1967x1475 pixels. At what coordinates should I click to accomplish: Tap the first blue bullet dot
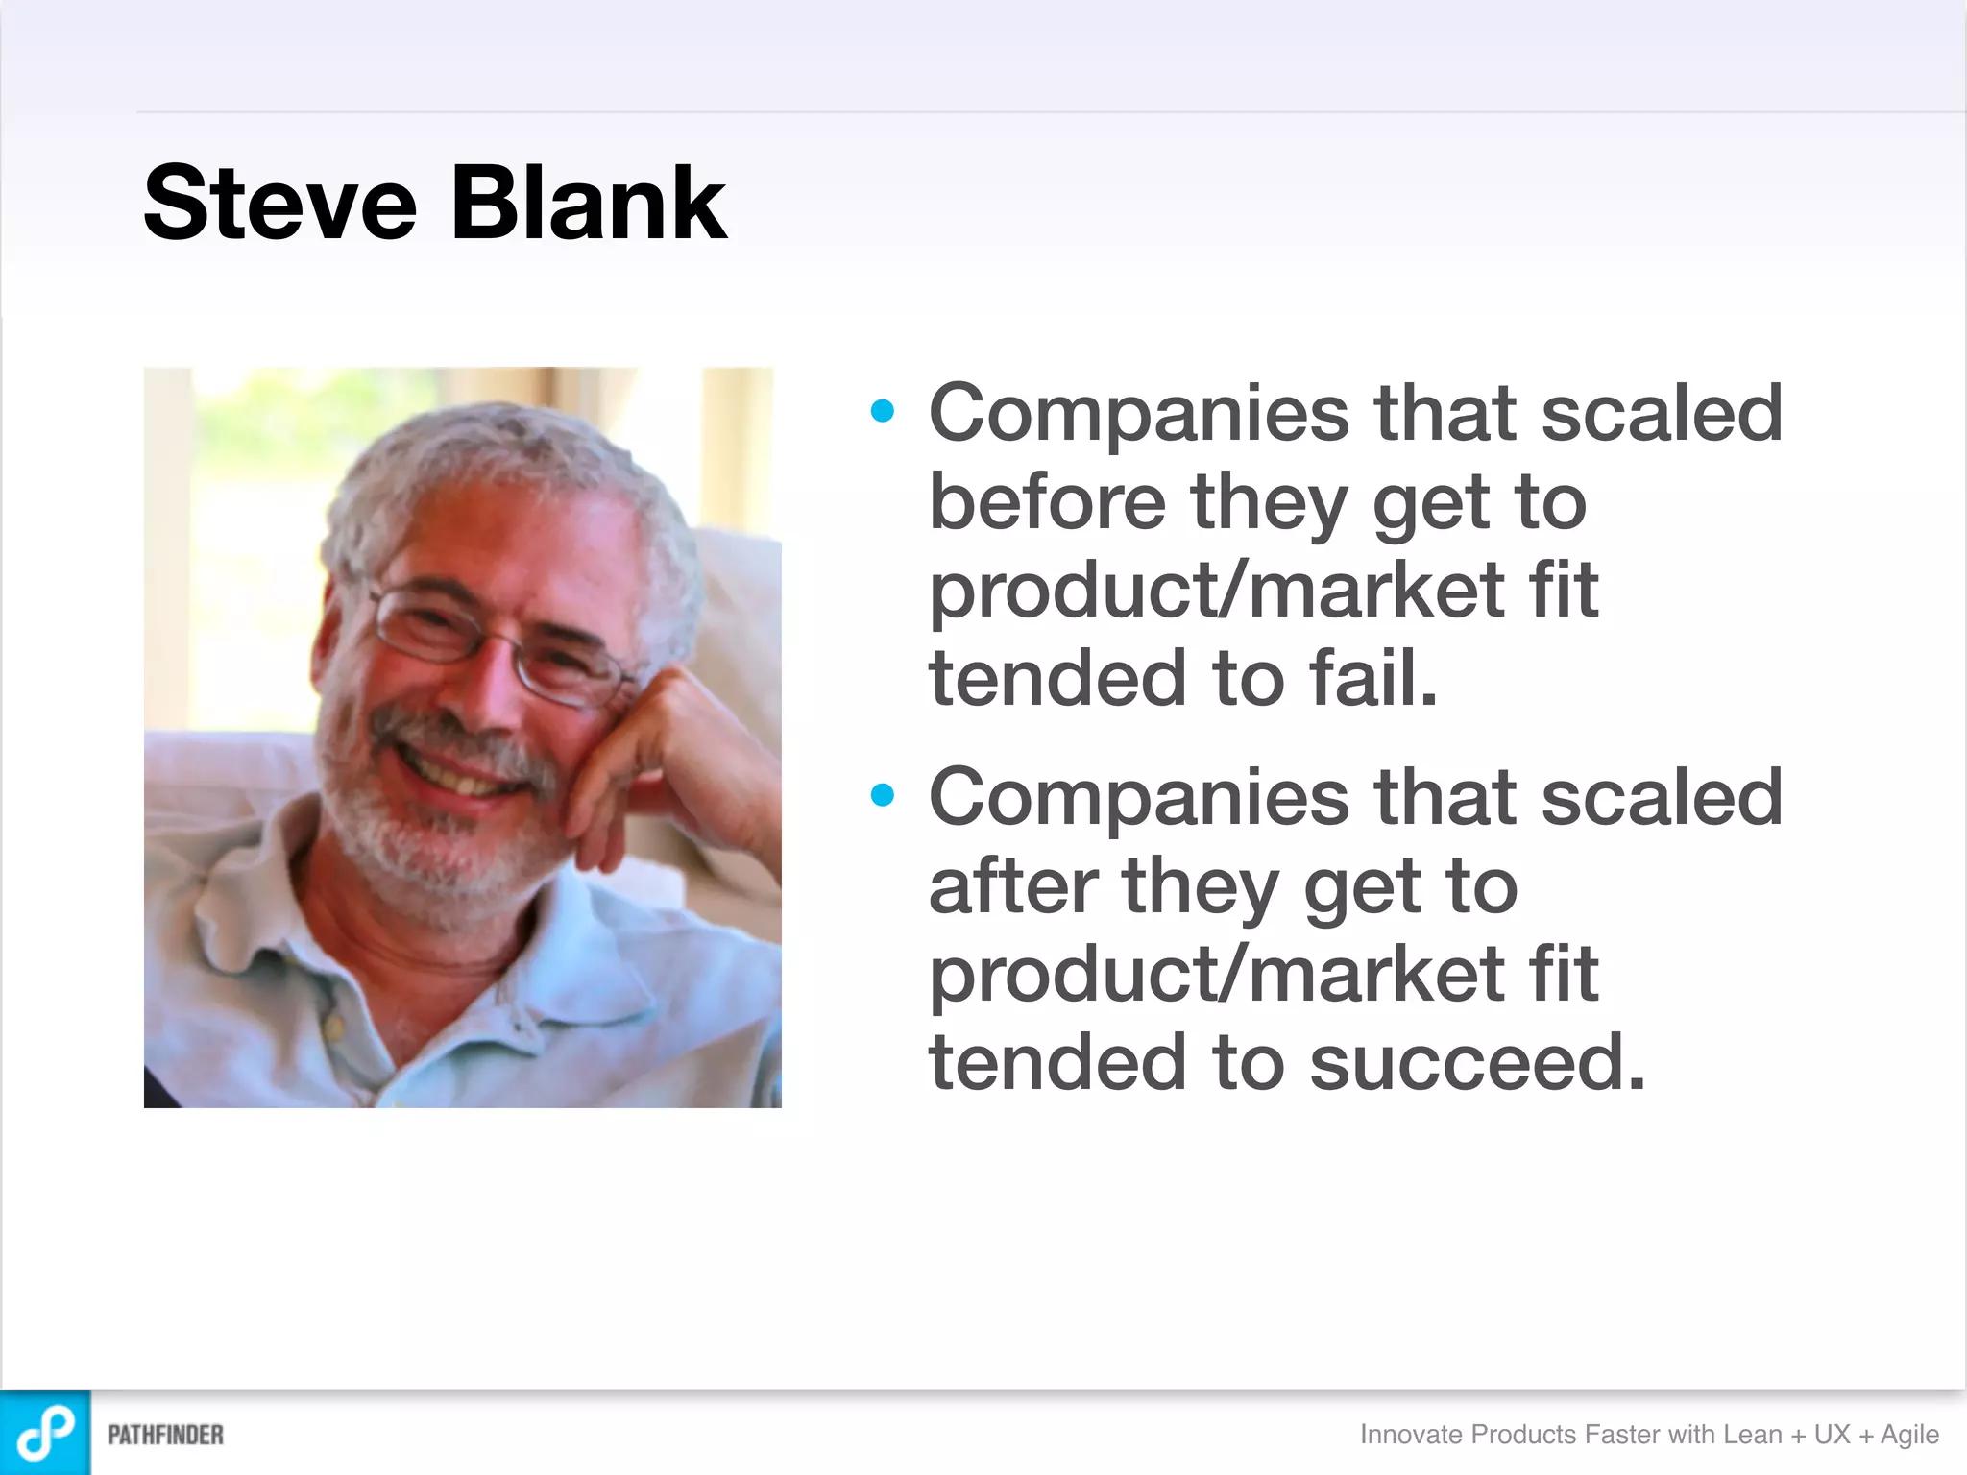(x=882, y=411)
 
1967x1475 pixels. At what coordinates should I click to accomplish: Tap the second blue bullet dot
(x=882, y=795)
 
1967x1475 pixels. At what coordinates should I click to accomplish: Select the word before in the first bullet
(x=1047, y=501)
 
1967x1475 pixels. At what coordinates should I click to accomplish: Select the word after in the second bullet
(x=1012, y=885)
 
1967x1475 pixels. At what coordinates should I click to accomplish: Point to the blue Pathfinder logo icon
(x=45, y=1433)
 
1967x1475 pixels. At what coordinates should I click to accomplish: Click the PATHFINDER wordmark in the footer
(x=165, y=1435)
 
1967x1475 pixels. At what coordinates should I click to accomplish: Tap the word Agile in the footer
(x=1909, y=1435)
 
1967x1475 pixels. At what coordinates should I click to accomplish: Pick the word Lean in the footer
(x=1752, y=1435)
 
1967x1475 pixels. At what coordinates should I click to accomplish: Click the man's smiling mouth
(x=461, y=773)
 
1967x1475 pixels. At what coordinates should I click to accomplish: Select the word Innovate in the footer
(x=1412, y=1435)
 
